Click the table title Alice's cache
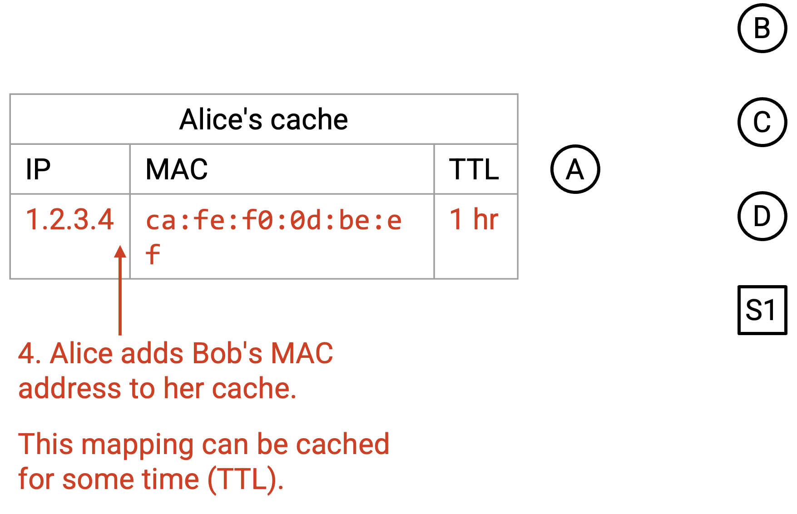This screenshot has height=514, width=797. click(x=263, y=119)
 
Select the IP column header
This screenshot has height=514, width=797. click(x=38, y=169)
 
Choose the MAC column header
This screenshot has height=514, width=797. click(x=177, y=169)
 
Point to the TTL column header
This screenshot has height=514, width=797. click(x=474, y=169)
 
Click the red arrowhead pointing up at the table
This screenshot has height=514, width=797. click(x=120, y=252)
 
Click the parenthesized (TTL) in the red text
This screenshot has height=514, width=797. click(x=246, y=479)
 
